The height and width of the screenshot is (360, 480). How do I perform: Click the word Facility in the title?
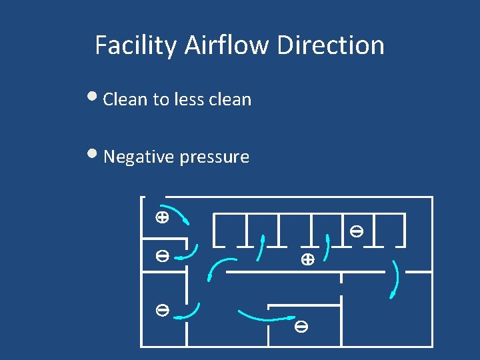tap(136, 45)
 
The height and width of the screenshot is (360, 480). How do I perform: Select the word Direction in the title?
tap(331, 45)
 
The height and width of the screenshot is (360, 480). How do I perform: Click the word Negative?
tap(134, 157)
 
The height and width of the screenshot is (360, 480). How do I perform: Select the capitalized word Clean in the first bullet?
tap(126, 99)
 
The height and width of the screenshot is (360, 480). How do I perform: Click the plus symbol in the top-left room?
tap(161, 217)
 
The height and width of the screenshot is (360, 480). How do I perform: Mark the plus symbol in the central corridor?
tap(307, 260)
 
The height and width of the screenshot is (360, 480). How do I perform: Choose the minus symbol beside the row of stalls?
tap(357, 232)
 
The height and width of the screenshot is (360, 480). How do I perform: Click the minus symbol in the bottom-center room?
tap(301, 327)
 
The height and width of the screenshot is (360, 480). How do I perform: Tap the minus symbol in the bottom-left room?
tap(161, 309)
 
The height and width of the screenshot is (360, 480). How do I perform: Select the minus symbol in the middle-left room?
tap(161, 255)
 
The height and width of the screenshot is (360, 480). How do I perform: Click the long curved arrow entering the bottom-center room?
tap(267, 317)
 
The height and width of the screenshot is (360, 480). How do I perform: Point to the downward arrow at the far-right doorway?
tap(396, 280)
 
